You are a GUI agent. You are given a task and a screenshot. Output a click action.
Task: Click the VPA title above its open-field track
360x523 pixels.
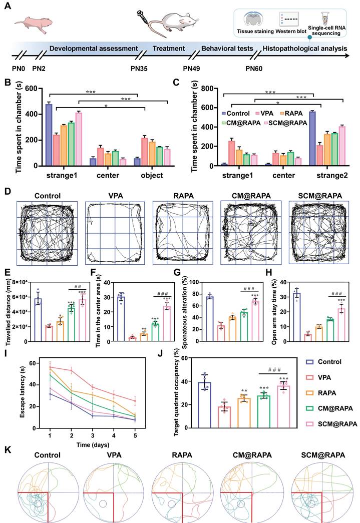tap(116, 196)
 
